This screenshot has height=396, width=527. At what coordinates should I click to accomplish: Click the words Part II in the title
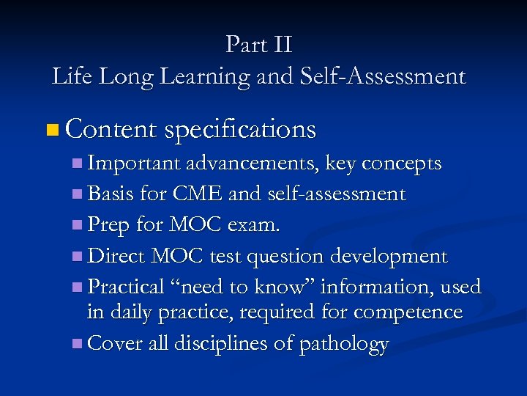pyautogui.click(x=259, y=45)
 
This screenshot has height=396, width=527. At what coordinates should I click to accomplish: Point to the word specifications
pyautogui.click(x=240, y=130)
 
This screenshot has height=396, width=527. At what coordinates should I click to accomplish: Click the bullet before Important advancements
pyautogui.click(x=78, y=164)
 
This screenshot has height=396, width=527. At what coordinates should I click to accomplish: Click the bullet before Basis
pyautogui.click(x=78, y=195)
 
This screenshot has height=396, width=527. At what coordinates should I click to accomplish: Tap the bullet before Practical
pyautogui.click(x=78, y=287)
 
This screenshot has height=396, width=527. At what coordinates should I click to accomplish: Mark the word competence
pyautogui.click(x=408, y=312)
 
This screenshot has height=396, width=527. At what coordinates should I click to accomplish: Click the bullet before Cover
pyautogui.click(x=78, y=344)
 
